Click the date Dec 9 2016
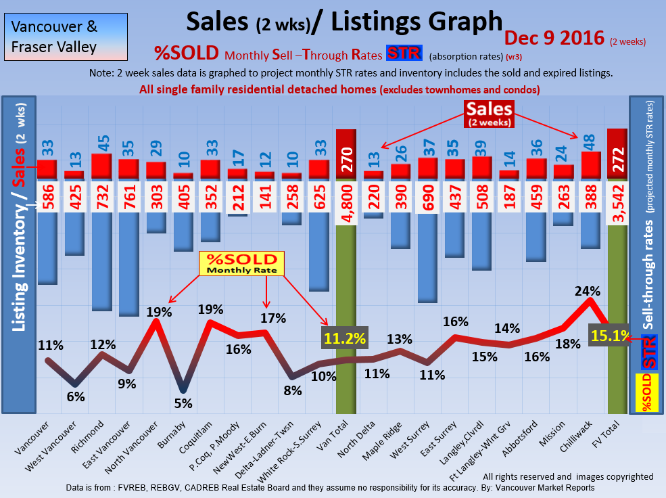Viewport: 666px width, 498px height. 554,38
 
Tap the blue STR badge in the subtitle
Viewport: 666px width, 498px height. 404,53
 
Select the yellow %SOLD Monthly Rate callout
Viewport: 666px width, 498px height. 241,264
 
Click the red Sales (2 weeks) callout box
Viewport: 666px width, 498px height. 489,113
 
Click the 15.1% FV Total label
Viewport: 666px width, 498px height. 609,335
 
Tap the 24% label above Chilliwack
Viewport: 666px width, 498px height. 588,291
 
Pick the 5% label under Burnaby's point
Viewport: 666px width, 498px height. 183,403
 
